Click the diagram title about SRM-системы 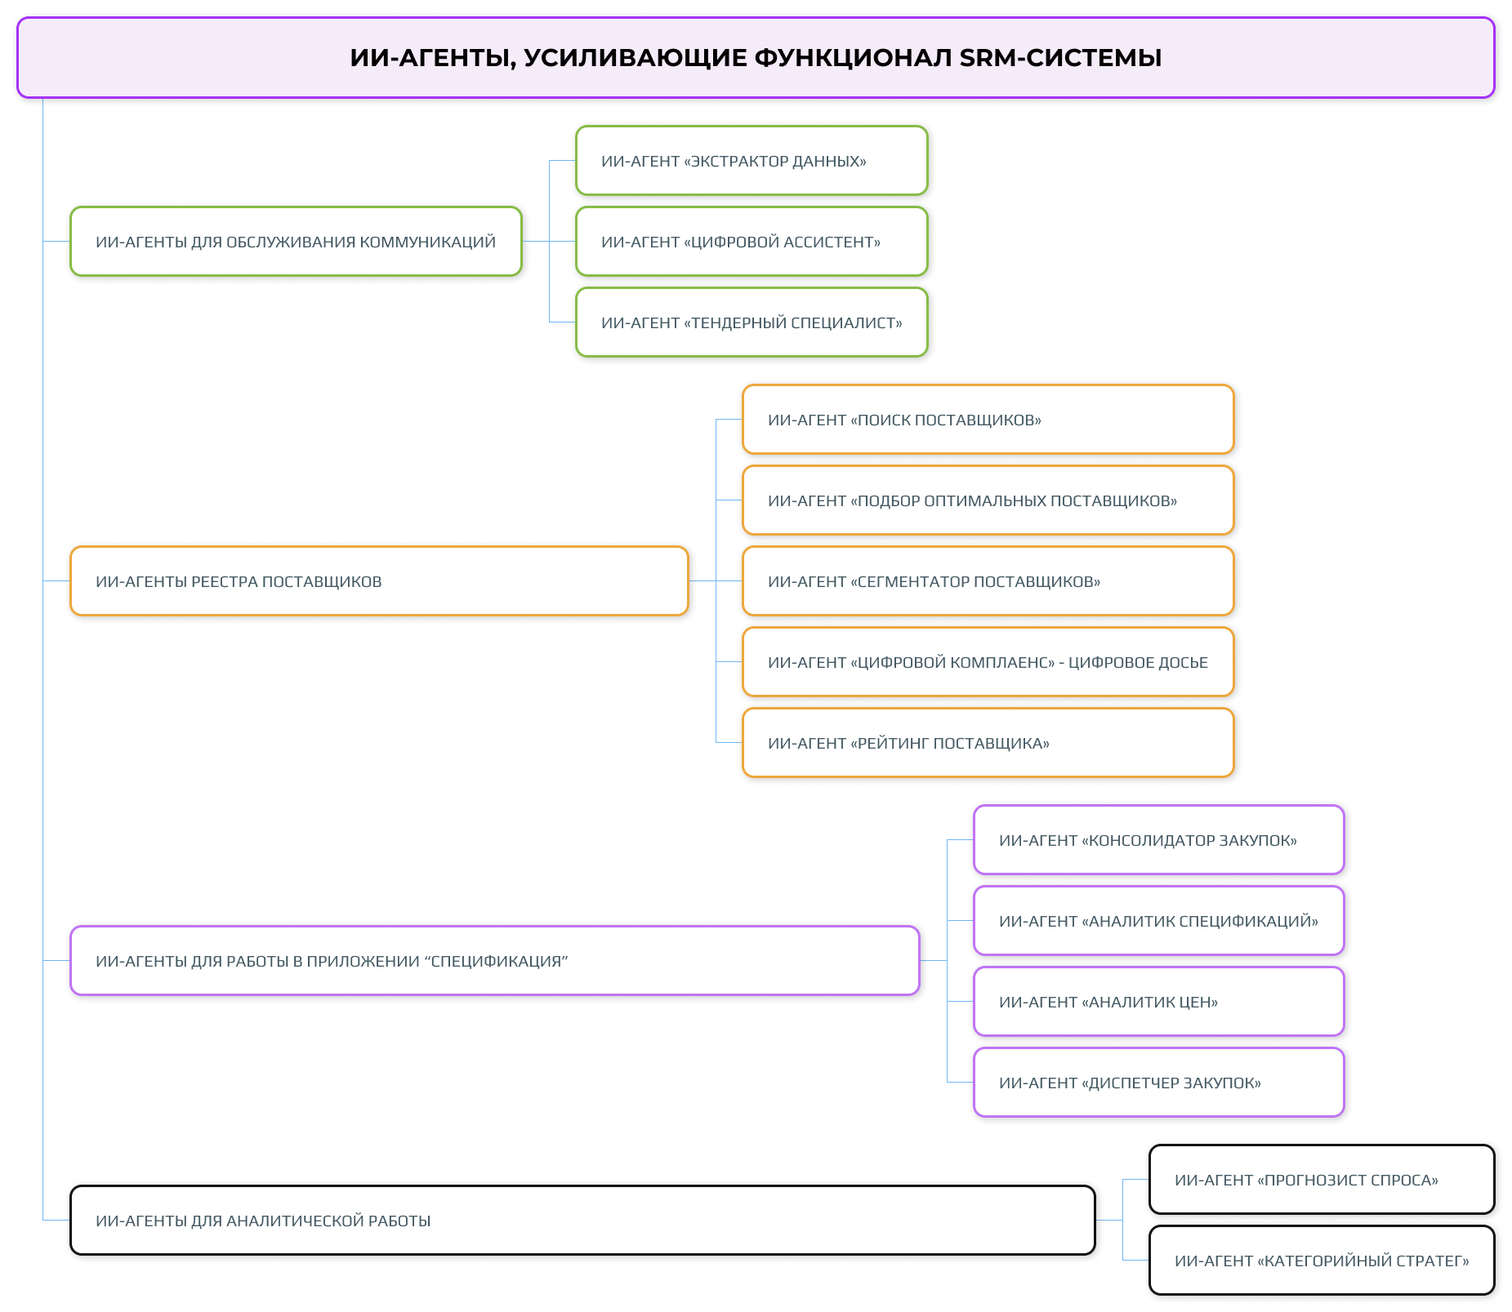click(755, 58)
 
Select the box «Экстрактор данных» click(751, 161)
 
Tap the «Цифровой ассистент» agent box click(751, 242)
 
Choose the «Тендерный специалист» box click(751, 322)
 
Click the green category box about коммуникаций click(296, 242)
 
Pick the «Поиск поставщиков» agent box click(987, 420)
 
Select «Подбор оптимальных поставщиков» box click(987, 500)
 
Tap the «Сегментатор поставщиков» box click(987, 581)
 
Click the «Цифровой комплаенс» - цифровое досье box click(987, 662)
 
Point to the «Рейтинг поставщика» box click(987, 743)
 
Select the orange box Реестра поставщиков click(379, 581)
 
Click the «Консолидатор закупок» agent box click(1157, 840)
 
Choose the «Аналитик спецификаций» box click(1157, 921)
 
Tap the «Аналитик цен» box click(1157, 1002)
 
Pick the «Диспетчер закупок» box click(1157, 1083)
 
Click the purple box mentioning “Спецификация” click(494, 961)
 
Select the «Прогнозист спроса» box click(1321, 1180)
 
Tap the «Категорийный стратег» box click(1321, 1261)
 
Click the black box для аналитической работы click(582, 1221)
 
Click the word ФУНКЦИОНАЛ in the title click(853, 58)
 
